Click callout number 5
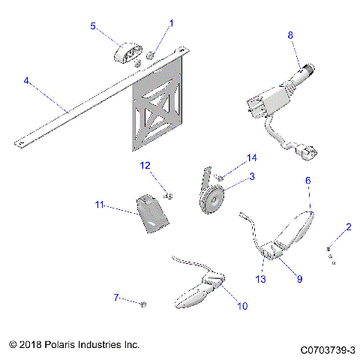[93, 26]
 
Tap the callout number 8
[290, 35]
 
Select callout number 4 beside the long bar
[26, 80]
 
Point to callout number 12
[145, 166]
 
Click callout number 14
[252, 158]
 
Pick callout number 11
[99, 205]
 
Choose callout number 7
[116, 297]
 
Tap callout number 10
[242, 306]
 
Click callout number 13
[260, 279]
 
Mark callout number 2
[349, 227]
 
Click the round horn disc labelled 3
[212, 199]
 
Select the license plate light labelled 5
[128, 52]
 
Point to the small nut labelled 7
[143, 304]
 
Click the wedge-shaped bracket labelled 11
[152, 214]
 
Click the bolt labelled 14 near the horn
[219, 178]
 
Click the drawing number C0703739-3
[328, 350]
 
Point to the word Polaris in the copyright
[60, 344]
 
